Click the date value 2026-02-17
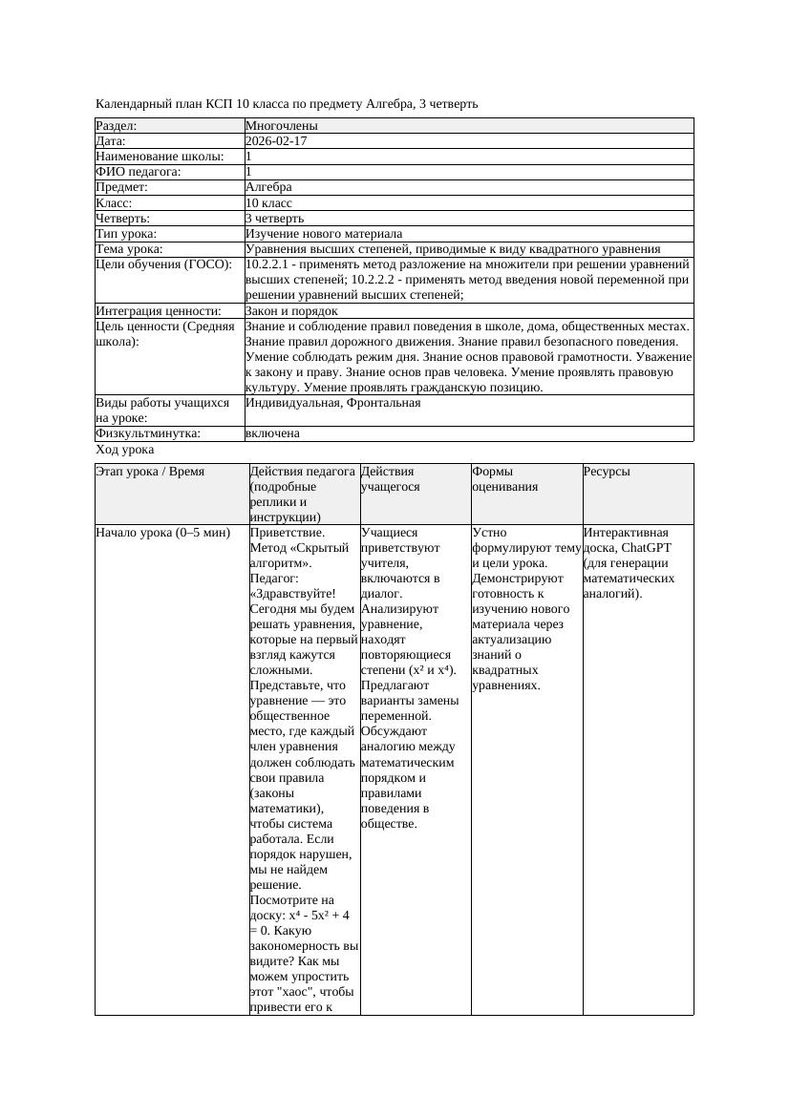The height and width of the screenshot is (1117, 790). (x=276, y=141)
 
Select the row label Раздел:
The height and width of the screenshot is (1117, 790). (x=117, y=126)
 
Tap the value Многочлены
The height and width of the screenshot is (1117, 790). (x=282, y=126)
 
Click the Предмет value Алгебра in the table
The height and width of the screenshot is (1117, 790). (x=268, y=187)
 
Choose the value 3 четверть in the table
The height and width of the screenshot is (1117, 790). (x=273, y=219)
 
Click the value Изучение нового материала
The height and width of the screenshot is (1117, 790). (x=324, y=234)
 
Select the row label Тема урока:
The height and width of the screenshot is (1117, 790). (x=130, y=249)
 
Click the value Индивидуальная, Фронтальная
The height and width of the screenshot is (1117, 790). (x=332, y=403)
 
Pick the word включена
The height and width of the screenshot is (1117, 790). (x=272, y=433)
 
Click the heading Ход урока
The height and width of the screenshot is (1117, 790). (x=125, y=450)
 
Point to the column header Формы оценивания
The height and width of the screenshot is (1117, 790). (x=504, y=478)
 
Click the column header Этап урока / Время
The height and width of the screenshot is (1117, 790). (x=150, y=472)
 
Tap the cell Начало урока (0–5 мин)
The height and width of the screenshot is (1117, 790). (x=162, y=533)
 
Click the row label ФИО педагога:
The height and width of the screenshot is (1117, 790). (x=139, y=172)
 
